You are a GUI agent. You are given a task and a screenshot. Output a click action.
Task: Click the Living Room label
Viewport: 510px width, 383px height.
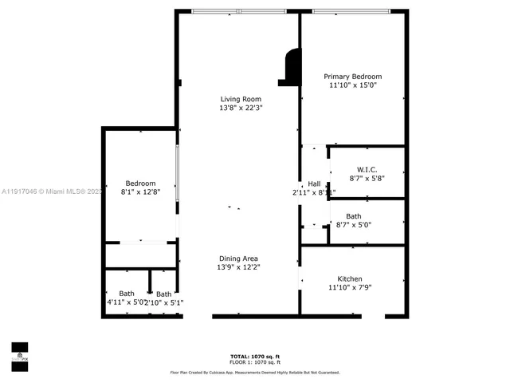pyautogui.click(x=241, y=99)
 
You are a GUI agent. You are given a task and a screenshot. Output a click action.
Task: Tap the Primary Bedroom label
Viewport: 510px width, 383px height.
pyautogui.click(x=352, y=76)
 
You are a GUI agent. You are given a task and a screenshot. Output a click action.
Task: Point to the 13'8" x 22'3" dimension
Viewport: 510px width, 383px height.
pyautogui.click(x=241, y=108)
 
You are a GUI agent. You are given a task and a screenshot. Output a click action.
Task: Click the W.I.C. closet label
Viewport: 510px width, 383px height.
pyautogui.click(x=367, y=169)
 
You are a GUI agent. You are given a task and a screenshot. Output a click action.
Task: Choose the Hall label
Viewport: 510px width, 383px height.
pyautogui.click(x=314, y=184)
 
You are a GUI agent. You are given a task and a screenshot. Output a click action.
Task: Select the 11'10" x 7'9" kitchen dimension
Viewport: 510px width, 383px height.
pyautogui.click(x=350, y=288)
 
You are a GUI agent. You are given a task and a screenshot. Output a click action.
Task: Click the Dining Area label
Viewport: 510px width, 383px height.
pyautogui.click(x=238, y=259)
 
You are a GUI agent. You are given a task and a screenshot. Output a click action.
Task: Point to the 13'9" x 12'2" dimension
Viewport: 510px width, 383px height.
pyautogui.click(x=238, y=267)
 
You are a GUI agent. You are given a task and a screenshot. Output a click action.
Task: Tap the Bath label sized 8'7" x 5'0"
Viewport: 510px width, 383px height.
pyautogui.click(x=353, y=216)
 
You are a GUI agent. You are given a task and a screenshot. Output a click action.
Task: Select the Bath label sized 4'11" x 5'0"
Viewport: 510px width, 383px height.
pyautogui.click(x=127, y=294)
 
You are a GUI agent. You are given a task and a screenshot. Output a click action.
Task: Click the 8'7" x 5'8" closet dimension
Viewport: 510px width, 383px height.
pyautogui.click(x=367, y=178)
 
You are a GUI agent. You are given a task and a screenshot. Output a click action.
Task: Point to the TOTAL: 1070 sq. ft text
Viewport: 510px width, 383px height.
pyautogui.click(x=254, y=356)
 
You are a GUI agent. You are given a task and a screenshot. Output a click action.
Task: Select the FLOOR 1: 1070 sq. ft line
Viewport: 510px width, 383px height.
pyautogui.click(x=254, y=362)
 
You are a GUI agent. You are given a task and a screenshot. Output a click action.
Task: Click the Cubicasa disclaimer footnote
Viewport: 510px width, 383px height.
pyautogui.click(x=254, y=372)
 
